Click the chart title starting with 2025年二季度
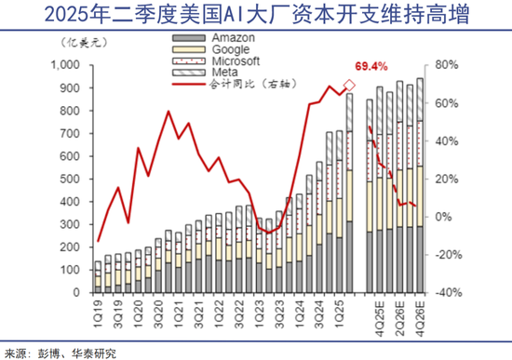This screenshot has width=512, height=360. pos(256,17)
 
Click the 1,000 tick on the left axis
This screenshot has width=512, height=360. pos(68,66)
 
